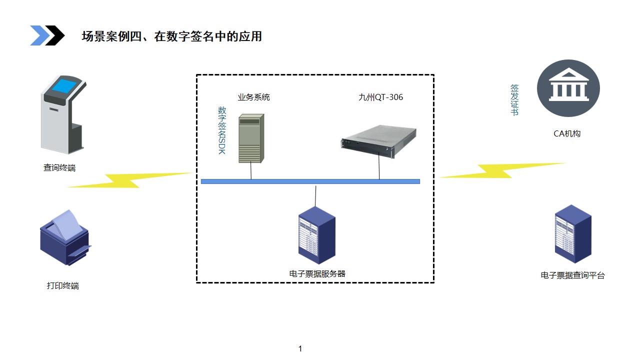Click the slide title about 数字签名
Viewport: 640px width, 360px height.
pos(171,36)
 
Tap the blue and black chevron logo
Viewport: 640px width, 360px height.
pos(47,35)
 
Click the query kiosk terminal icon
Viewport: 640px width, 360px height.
pos(61,114)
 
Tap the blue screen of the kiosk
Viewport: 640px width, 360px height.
pos(66,86)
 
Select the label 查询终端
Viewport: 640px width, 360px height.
pos(59,168)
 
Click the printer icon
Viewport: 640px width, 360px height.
pos(64,237)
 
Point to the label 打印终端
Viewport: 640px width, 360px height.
pos(63,286)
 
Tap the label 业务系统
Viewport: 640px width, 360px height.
pos(253,97)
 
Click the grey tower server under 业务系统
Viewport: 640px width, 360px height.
pos(251,138)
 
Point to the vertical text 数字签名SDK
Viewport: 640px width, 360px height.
pos(222,130)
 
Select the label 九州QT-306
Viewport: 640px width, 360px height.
pos(380,97)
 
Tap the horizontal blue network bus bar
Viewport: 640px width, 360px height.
pos(310,181)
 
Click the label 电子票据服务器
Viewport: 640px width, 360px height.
pos(317,273)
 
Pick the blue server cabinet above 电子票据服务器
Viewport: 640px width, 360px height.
pos(316,237)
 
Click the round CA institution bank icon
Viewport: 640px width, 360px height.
pos(568,88)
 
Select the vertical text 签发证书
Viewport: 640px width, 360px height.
pos(514,100)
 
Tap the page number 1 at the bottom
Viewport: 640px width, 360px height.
pos(300,349)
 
